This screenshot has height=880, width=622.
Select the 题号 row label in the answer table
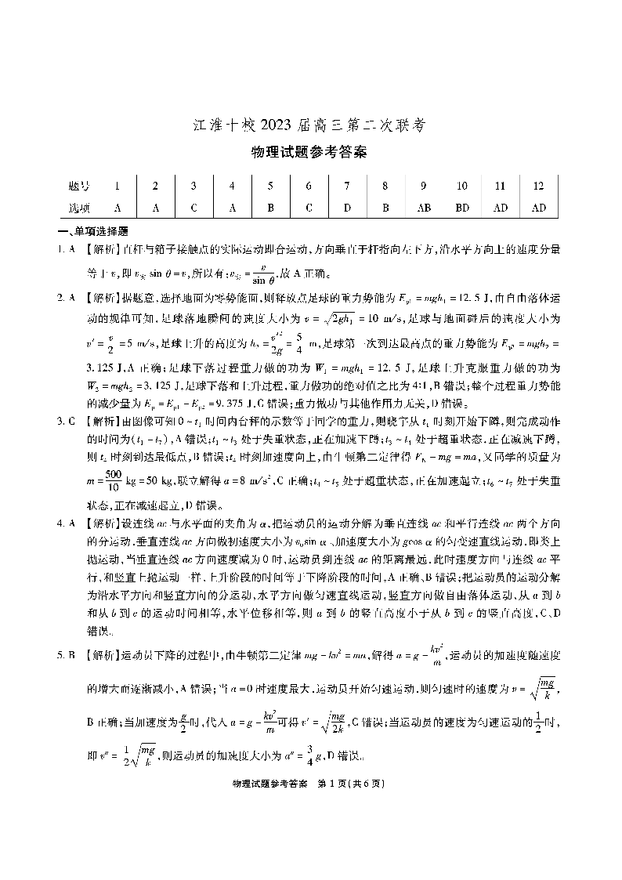[78, 187]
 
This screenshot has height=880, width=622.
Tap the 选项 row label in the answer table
[78, 208]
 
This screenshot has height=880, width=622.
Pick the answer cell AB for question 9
[423, 208]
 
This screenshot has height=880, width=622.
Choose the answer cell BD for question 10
[462, 208]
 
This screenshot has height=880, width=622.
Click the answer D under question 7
[346, 208]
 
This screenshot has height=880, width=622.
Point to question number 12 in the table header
[538, 187]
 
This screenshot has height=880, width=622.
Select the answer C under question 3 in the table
[193, 208]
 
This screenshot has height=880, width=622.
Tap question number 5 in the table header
[269, 187]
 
